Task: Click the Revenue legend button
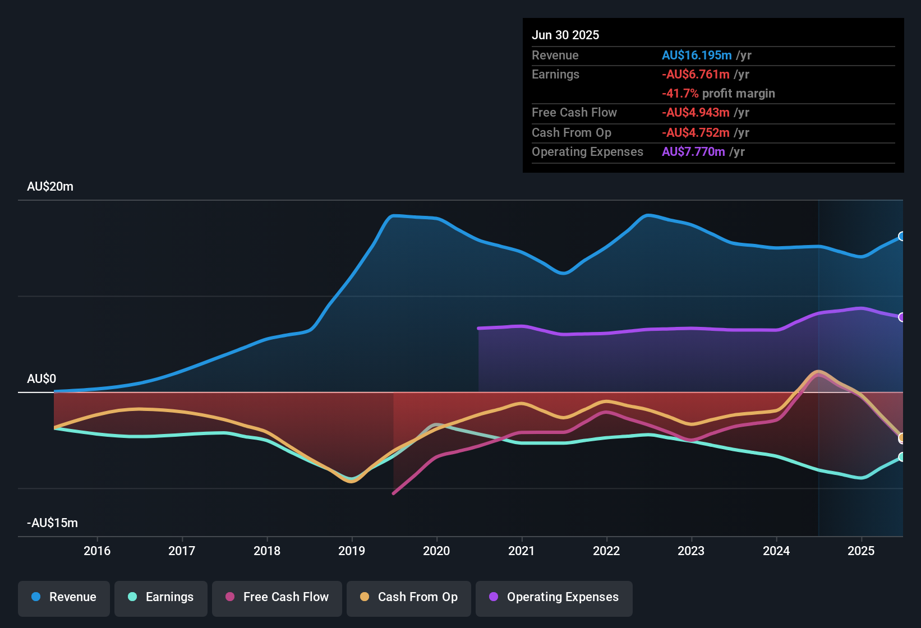point(64,597)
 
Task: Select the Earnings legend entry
point(161,597)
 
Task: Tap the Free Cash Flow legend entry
point(277,597)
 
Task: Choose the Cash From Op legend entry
point(409,597)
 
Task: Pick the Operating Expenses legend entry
point(554,597)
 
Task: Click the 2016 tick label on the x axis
point(97,551)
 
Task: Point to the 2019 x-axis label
point(352,551)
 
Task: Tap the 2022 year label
point(606,551)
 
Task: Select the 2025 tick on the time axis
point(861,551)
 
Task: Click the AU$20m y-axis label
point(50,187)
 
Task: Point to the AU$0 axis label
point(42,379)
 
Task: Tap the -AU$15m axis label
point(52,523)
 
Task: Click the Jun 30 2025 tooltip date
point(565,35)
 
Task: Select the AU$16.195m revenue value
point(697,55)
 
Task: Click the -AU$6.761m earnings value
point(696,74)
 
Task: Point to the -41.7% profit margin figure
point(680,93)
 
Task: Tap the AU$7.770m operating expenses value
point(693,151)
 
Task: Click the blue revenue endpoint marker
point(902,236)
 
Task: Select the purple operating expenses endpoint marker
point(902,317)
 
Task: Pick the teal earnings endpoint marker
point(902,457)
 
